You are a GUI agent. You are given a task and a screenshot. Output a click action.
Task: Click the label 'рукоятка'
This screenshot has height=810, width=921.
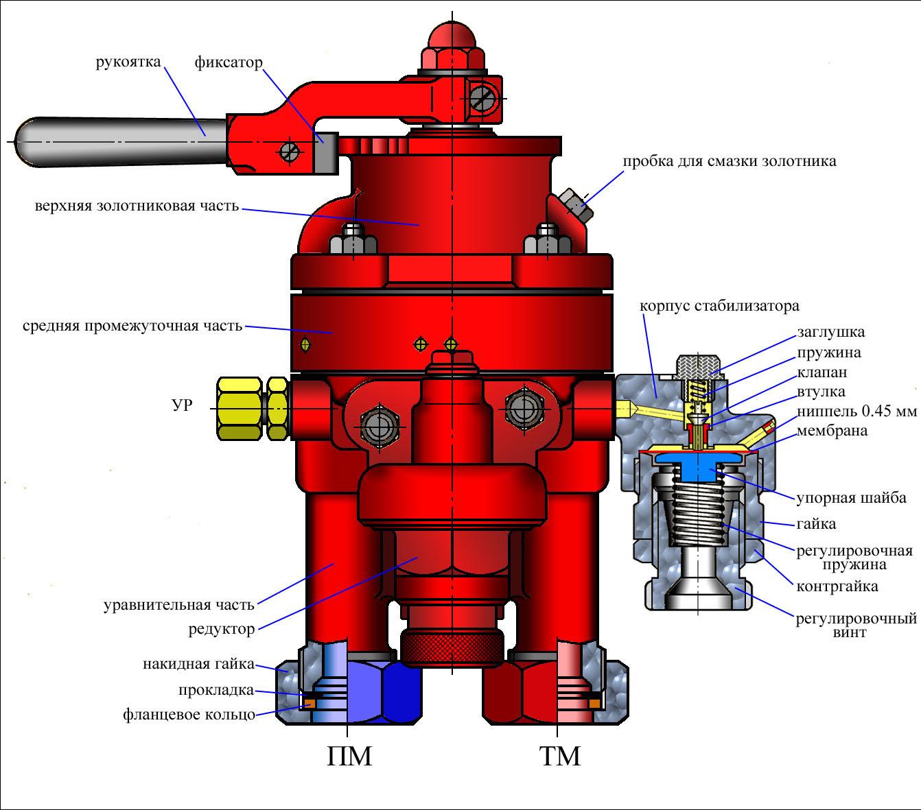(x=128, y=62)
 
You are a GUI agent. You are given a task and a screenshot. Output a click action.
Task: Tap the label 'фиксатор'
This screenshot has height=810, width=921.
(x=229, y=62)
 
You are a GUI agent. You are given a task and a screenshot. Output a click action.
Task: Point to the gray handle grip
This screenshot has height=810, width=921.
(x=121, y=142)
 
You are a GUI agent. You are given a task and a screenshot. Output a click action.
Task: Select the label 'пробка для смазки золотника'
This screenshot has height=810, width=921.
(x=729, y=161)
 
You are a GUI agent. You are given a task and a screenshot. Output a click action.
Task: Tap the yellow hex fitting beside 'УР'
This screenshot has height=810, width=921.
(x=253, y=408)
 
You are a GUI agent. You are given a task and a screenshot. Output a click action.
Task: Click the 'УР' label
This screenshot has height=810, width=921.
(x=183, y=405)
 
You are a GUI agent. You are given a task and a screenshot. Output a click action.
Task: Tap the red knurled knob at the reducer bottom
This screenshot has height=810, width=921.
(x=452, y=648)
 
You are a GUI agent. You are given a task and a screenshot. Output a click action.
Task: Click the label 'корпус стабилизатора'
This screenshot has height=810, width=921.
(x=719, y=306)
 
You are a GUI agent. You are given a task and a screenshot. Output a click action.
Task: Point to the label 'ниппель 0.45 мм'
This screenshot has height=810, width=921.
(x=857, y=411)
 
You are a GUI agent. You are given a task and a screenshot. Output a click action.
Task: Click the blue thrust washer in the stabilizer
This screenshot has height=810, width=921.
(x=698, y=466)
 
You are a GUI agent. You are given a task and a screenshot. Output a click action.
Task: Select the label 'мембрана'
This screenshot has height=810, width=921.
(x=832, y=430)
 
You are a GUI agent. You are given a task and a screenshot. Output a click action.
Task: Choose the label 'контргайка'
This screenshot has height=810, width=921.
(x=837, y=586)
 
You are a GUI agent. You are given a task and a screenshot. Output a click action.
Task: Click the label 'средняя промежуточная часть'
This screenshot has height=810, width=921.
(x=132, y=326)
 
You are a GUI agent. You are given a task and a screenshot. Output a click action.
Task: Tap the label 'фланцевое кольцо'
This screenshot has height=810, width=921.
(x=189, y=714)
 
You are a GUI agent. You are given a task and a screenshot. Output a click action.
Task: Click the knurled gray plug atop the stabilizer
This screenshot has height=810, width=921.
(x=699, y=368)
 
